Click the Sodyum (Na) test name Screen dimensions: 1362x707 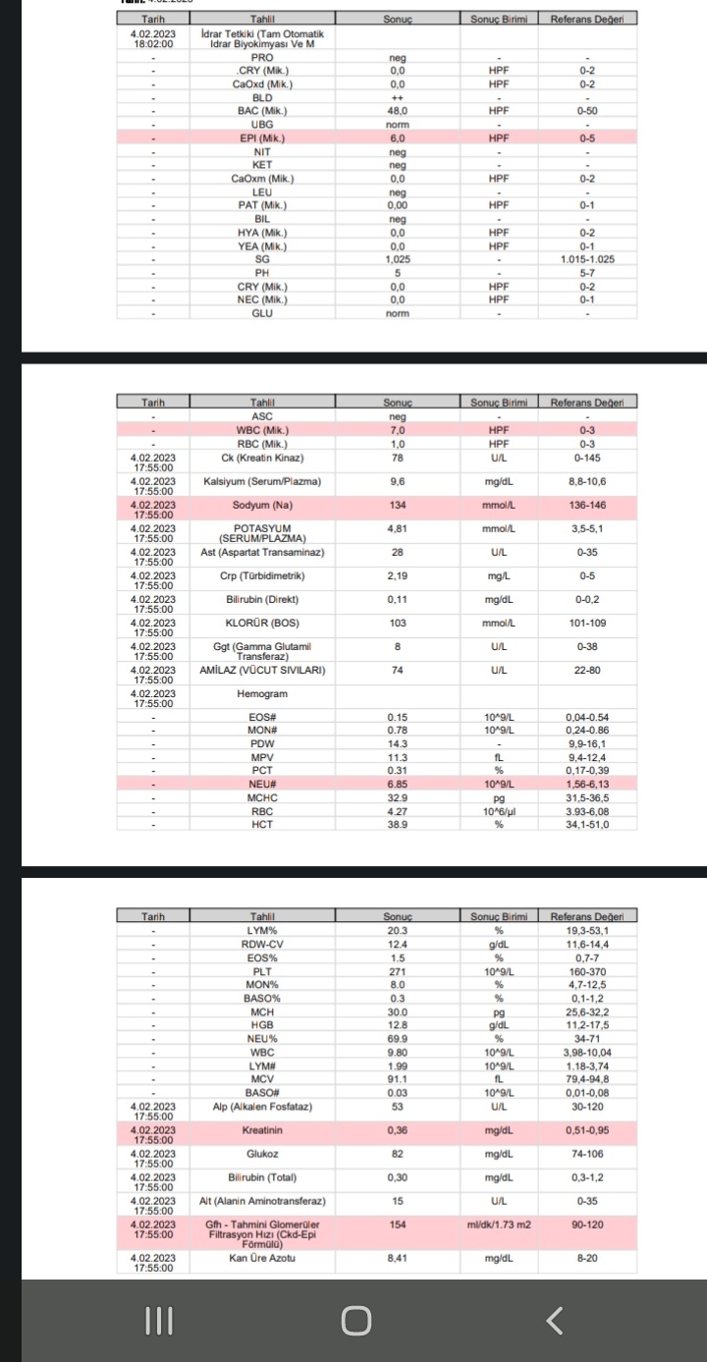click(261, 506)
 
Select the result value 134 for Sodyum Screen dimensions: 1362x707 click(397, 506)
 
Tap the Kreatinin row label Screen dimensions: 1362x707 click(261, 1130)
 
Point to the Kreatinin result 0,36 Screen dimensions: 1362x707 click(397, 1130)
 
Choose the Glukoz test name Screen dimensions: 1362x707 click(261, 1154)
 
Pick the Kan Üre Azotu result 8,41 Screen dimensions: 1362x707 click(397, 1258)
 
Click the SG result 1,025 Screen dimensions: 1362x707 click(397, 259)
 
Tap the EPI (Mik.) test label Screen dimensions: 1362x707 click(261, 138)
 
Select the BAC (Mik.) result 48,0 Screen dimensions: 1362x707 click(397, 112)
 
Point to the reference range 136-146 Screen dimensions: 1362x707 click(588, 506)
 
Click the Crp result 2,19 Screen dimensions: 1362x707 click(397, 575)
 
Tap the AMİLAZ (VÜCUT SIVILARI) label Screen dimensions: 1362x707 click(261, 670)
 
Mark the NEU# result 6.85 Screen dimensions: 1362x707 click(397, 785)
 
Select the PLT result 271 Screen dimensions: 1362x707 click(397, 971)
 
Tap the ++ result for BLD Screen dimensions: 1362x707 click(397, 98)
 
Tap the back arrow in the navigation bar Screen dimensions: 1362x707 click(555, 1321)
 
